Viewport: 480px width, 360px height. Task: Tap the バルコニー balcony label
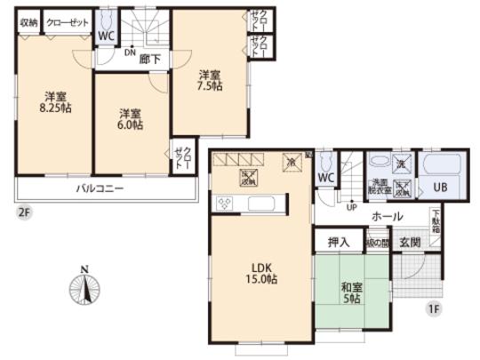click(100, 188)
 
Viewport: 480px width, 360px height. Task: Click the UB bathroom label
click(439, 188)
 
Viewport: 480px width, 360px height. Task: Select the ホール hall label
click(387, 216)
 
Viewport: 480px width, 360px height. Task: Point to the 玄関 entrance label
click(410, 242)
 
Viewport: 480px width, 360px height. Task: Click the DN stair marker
click(131, 52)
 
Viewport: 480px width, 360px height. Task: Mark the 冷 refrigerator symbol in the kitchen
click(291, 161)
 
